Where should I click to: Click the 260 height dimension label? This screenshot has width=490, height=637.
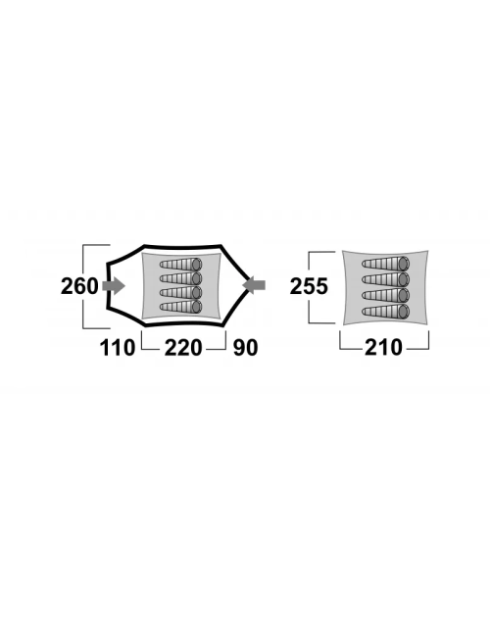pyautogui.click(x=79, y=286)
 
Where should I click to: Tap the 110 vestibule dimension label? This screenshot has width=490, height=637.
pyautogui.click(x=118, y=348)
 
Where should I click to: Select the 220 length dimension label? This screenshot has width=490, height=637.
pyautogui.click(x=183, y=348)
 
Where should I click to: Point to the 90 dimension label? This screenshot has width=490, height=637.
pyautogui.click(x=245, y=348)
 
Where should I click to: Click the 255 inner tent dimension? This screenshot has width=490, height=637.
pyautogui.click(x=309, y=286)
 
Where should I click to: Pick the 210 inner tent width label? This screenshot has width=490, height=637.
pyautogui.click(x=383, y=347)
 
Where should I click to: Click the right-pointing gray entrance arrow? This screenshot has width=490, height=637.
pyautogui.click(x=114, y=285)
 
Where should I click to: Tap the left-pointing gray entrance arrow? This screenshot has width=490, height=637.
pyautogui.click(x=254, y=285)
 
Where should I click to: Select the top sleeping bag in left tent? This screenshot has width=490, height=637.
pyautogui.click(x=180, y=265)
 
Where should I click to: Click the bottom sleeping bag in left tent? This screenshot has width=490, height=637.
pyautogui.click(x=180, y=307)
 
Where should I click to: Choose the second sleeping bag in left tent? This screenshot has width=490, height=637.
pyautogui.click(x=180, y=278)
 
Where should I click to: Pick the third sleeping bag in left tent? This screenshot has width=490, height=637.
pyautogui.click(x=180, y=292)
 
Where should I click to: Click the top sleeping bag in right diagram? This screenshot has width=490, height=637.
pyautogui.click(x=385, y=264)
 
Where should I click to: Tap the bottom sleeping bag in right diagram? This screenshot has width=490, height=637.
pyautogui.click(x=385, y=312)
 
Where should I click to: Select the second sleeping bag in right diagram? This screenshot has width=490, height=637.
pyautogui.click(x=385, y=279)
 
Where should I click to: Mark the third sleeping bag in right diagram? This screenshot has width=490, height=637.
pyautogui.click(x=385, y=295)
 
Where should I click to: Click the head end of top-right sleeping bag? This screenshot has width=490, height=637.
pyautogui.click(x=404, y=264)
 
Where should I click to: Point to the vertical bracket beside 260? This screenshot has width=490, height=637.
pyautogui.click(x=83, y=286)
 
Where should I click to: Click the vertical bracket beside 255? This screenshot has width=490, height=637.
pyautogui.click(x=310, y=287)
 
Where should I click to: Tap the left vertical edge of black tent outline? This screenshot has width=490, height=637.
pyautogui.click(x=109, y=286)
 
